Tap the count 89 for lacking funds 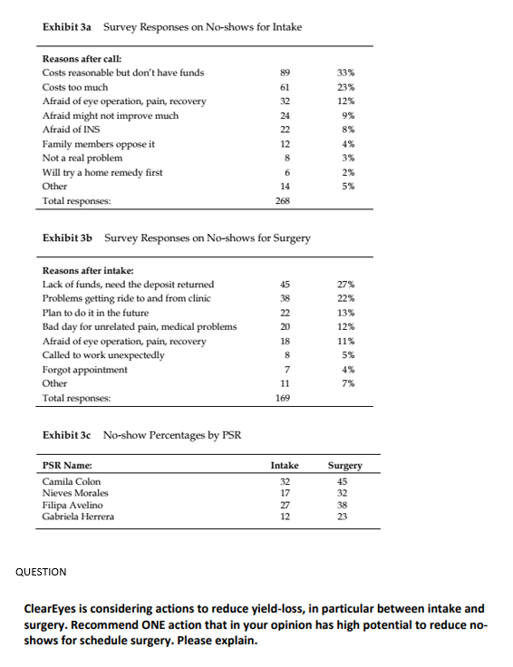(286, 72)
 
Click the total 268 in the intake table (286, 200)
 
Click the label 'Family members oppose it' (98, 144)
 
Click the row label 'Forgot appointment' (85, 370)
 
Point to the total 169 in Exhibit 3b (286, 398)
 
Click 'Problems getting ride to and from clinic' (128, 298)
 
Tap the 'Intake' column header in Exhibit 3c (285, 466)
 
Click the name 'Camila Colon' (73, 481)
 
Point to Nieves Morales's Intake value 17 (285, 493)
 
